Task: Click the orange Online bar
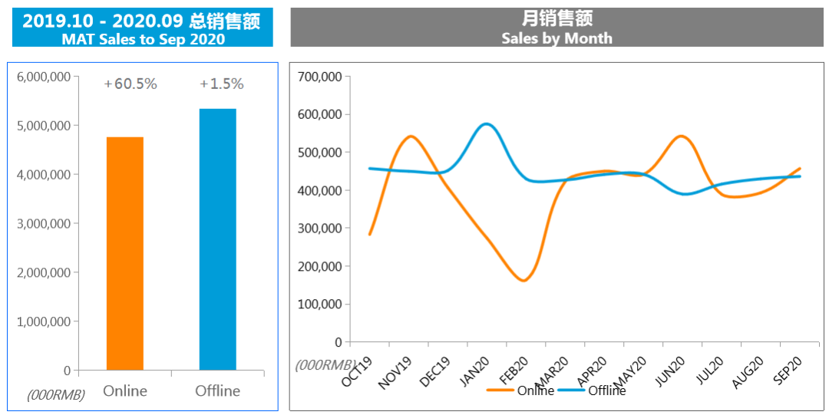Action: pos(125,253)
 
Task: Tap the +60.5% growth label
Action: pos(130,84)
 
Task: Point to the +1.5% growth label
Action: pos(222,84)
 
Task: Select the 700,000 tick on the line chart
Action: pos(319,77)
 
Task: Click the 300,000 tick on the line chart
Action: pos(319,228)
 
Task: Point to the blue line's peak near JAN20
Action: pos(486,124)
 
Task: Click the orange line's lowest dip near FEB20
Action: pos(523,280)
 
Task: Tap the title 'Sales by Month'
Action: pos(557,38)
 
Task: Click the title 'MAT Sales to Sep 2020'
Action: pos(143,39)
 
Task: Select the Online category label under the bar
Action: pos(125,391)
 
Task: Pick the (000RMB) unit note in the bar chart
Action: pos(56,394)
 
